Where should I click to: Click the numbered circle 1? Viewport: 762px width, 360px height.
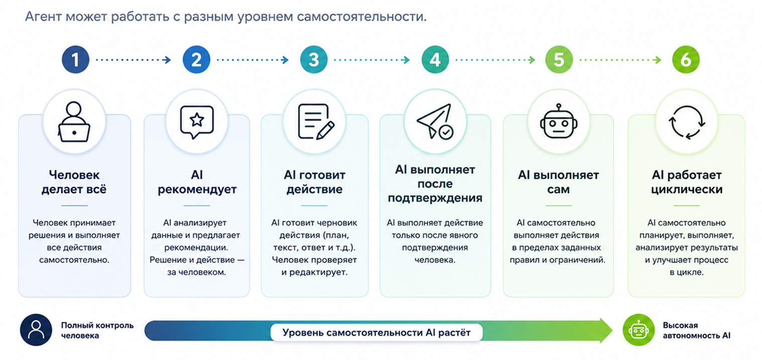[x=75, y=60]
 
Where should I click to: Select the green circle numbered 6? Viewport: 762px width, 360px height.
[x=686, y=60]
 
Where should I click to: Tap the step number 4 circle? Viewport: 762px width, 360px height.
[x=435, y=60]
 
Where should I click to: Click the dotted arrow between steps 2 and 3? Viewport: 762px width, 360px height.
[x=252, y=60]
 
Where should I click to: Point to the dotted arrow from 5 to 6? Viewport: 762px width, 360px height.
[x=620, y=60]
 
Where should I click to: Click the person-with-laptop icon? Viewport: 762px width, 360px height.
[x=74, y=122]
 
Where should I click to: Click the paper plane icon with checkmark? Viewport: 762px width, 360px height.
[x=435, y=122]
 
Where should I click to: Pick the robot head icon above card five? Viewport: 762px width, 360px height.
[x=559, y=121]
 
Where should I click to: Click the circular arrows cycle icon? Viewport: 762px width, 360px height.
[x=687, y=122]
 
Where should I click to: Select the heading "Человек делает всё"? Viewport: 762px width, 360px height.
[x=74, y=182]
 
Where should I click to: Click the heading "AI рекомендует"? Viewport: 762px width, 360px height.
[x=197, y=182]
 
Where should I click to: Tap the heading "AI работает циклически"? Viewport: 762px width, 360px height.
[x=687, y=182]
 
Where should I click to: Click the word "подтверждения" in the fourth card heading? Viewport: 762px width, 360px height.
[x=435, y=198]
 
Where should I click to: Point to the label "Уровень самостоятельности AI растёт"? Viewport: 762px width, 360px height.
[x=376, y=332]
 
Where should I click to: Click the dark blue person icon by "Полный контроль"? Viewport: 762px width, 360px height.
[x=36, y=330]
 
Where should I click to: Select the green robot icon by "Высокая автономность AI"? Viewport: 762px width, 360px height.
[x=639, y=330]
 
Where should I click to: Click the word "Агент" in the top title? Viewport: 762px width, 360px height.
[x=43, y=17]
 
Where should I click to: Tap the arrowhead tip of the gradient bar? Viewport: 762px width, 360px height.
[x=612, y=330]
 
